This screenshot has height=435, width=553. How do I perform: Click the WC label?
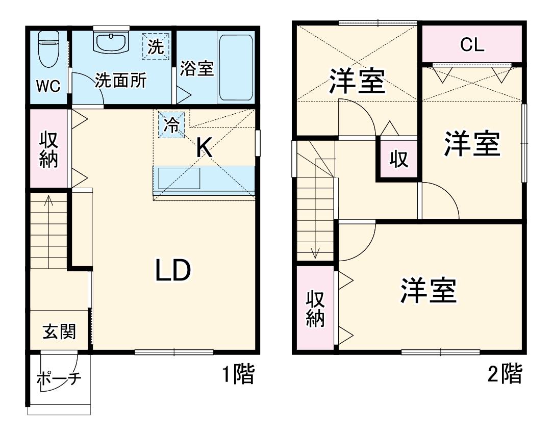coord(48,86)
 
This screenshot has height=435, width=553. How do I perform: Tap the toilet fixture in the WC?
coord(49,49)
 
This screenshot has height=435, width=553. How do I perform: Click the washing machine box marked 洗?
coord(156,47)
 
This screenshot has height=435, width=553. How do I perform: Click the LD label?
coord(173,270)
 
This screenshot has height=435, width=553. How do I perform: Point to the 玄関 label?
coord(59,332)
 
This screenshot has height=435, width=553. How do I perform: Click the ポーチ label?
coord(59,379)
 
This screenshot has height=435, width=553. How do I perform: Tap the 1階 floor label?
coord(238,375)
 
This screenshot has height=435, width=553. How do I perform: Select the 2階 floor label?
coord(506,375)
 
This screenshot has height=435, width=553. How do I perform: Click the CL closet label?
coord(472,45)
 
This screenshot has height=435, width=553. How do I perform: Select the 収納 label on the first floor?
coord(48,150)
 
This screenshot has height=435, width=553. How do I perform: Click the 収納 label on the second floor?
coord(315,309)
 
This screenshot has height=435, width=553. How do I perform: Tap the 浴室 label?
coord(196,68)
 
